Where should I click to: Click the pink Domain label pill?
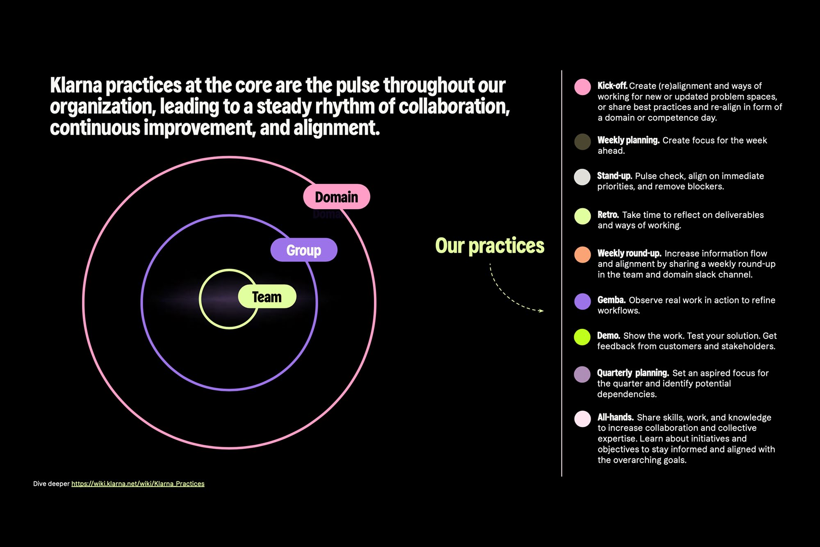point(337,197)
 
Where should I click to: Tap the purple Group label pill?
point(304,249)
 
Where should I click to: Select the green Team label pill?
point(267,296)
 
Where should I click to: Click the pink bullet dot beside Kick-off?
point(582,87)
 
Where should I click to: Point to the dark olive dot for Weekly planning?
point(582,142)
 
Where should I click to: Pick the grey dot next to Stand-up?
point(582,177)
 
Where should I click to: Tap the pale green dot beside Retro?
point(582,216)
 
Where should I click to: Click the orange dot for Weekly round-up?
point(582,254)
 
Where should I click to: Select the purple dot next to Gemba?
point(582,301)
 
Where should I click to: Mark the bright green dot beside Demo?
point(582,337)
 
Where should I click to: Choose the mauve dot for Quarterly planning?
point(582,374)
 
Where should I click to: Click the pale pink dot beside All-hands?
point(582,419)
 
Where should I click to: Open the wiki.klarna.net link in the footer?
point(138,483)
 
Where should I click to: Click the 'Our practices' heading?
point(490,245)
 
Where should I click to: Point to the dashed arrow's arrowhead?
point(541,311)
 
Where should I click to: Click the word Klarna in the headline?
point(76,85)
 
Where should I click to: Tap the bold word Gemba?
point(611,300)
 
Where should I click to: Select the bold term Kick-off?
point(612,85)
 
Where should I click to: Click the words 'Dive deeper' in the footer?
point(51,483)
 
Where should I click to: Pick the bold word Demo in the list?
point(608,336)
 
